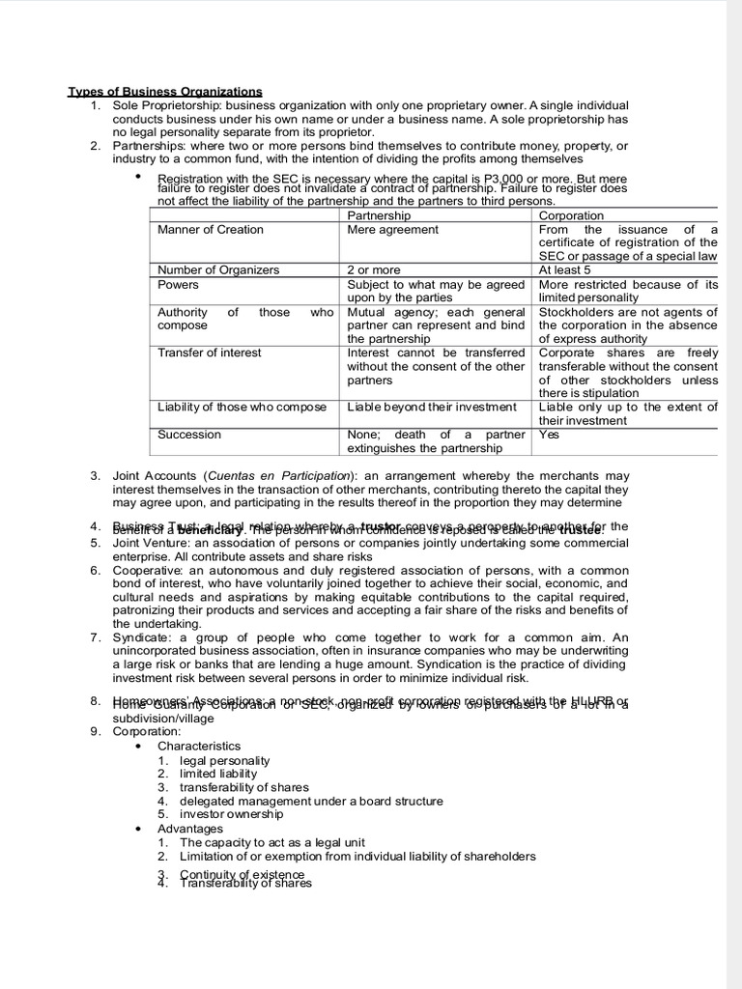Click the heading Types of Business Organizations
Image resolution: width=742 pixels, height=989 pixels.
coord(164,92)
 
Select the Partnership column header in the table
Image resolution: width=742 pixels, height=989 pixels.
coord(379,215)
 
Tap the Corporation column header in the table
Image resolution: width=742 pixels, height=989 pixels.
coord(571,215)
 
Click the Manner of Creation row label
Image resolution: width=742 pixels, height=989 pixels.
coord(210,230)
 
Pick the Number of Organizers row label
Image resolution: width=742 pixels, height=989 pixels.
coord(218,270)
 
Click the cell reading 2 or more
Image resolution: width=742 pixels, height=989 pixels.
coord(374,270)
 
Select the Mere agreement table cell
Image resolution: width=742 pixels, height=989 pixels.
coord(392,230)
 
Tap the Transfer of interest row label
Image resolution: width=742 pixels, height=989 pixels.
coord(209,353)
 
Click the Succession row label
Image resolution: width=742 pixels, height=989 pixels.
coord(189,435)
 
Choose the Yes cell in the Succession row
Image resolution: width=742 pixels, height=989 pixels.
coord(549,435)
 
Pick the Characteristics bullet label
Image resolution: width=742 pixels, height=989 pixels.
coord(199,747)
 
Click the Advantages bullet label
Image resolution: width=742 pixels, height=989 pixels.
coord(190,829)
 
